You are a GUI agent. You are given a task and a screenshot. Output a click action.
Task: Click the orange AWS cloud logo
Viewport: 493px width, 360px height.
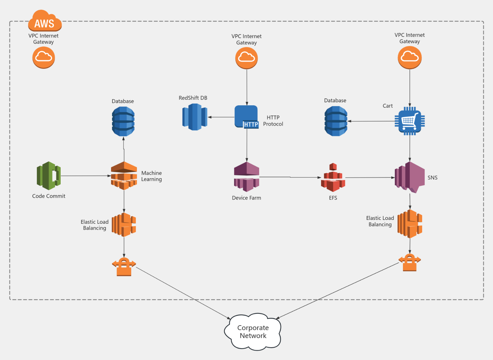[45, 21]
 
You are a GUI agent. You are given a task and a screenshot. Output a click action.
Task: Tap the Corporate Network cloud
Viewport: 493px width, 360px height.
[253, 332]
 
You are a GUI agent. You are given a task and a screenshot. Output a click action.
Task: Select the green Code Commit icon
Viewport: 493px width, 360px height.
[49, 176]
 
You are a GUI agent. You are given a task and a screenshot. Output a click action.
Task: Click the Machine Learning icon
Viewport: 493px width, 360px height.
[124, 176]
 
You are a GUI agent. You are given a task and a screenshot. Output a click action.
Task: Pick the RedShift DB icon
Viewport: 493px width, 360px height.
[195, 117]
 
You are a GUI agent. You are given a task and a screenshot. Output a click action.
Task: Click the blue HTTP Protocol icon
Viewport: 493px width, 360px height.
[246, 117]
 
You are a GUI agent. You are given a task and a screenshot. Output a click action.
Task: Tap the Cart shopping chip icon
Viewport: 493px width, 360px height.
[410, 121]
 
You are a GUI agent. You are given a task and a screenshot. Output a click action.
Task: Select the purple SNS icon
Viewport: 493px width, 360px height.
[410, 177]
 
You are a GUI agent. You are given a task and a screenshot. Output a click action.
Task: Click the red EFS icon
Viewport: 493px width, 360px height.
[333, 178]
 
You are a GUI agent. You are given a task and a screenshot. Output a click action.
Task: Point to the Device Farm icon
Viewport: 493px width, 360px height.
[246, 177]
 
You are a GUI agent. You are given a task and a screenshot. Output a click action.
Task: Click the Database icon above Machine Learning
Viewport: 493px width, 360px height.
[123, 121]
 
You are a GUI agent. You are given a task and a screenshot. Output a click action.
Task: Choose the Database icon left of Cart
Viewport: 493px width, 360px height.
[336, 121]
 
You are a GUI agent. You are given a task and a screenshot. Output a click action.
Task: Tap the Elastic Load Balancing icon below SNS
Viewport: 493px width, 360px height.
[410, 224]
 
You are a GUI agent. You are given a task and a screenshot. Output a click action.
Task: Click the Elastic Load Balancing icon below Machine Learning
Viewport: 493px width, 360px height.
[124, 225]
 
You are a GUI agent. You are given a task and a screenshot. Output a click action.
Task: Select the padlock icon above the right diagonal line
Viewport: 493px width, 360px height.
[410, 262]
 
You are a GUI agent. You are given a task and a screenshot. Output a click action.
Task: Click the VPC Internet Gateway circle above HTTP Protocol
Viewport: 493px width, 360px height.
[246, 58]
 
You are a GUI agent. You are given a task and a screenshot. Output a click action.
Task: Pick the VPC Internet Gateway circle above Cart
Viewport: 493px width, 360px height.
[410, 57]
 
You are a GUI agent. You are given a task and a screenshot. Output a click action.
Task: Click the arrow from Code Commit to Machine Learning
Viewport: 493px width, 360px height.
[86, 176]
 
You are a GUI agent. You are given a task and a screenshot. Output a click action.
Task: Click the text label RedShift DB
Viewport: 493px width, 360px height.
[193, 98]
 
